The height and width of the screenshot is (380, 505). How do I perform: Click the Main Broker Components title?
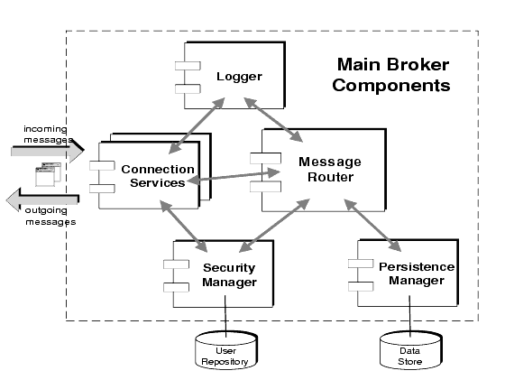point(392,76)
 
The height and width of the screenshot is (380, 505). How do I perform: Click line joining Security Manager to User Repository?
point(225,320)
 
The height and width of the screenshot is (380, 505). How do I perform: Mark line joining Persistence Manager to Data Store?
point(410,320)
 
